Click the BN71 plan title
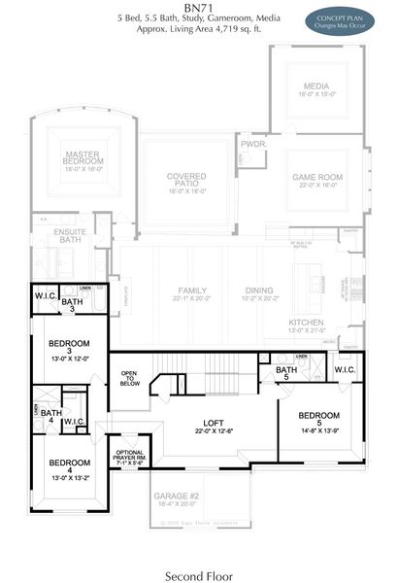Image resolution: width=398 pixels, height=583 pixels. point(198,8)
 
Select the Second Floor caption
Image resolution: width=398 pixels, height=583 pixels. point(198,573)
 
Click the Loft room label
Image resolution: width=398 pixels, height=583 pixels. point(213,424)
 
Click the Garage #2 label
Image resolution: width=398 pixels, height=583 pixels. point(176,497)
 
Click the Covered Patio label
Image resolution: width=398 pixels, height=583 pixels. point(185,179)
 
